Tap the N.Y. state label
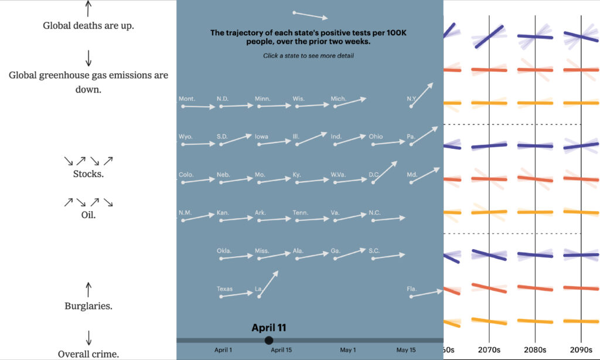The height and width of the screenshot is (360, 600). tap(412, 99)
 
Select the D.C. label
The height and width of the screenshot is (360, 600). tap(374, 175)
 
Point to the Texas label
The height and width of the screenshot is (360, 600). tap(224, 289)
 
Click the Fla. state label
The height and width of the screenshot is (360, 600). tap(412, 289)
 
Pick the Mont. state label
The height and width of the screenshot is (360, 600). tap(187, 99)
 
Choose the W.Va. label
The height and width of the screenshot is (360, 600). tap(337, 175)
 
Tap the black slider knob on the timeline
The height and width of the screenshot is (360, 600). tap(269, 340)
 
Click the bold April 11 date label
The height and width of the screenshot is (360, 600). tap(269, 328)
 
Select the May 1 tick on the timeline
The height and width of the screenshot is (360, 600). tap(348, 350)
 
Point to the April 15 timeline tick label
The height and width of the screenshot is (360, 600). tap(281, 350)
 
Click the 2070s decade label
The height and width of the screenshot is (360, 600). tap(489, 350)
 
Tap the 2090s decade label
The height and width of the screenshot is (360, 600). tap(581, 350)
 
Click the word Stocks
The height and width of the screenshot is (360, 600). tap(88, 174)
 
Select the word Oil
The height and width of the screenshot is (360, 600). tap(88, 215)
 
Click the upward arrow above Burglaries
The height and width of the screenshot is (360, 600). tap(88, 289)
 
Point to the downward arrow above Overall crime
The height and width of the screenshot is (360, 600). tap(88, 338)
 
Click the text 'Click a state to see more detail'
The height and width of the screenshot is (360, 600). tap(309, 56)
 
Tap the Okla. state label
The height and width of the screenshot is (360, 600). tap(224, 251)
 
